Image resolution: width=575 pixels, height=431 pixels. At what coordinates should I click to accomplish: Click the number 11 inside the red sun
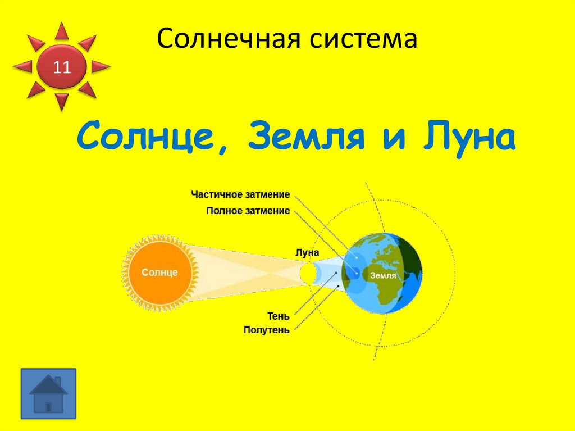62,68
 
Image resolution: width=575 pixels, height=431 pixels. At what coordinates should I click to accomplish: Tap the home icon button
48,393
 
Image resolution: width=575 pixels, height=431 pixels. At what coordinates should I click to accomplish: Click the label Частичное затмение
240,195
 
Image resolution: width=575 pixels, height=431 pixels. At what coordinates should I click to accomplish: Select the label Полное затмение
248,211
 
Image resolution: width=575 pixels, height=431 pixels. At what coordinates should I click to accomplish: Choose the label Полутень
267,330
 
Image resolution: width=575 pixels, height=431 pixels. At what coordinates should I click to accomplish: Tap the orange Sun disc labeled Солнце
159,273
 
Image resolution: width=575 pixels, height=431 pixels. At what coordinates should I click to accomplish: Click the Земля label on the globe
383,275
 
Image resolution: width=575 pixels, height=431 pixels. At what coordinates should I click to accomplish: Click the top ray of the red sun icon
62,31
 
